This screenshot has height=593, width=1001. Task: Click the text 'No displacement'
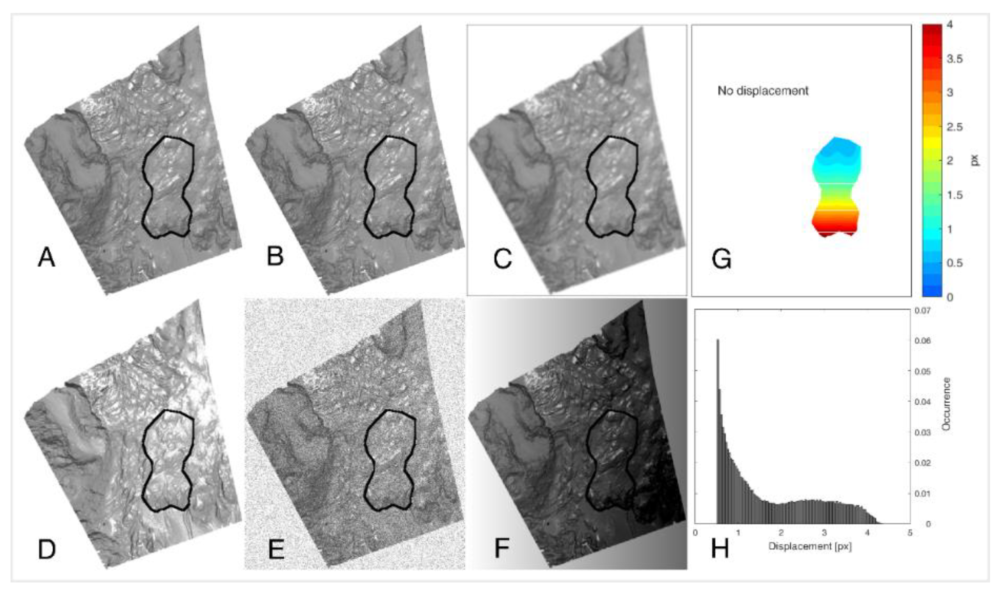point(763,91)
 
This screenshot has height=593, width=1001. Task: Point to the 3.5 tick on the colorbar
point(954,59)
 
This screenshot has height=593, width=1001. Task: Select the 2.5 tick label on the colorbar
point(954,127)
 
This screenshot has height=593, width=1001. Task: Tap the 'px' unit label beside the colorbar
point(975,160)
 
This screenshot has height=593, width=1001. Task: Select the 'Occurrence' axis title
point(946,404)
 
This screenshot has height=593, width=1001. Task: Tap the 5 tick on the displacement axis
point(910,533)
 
